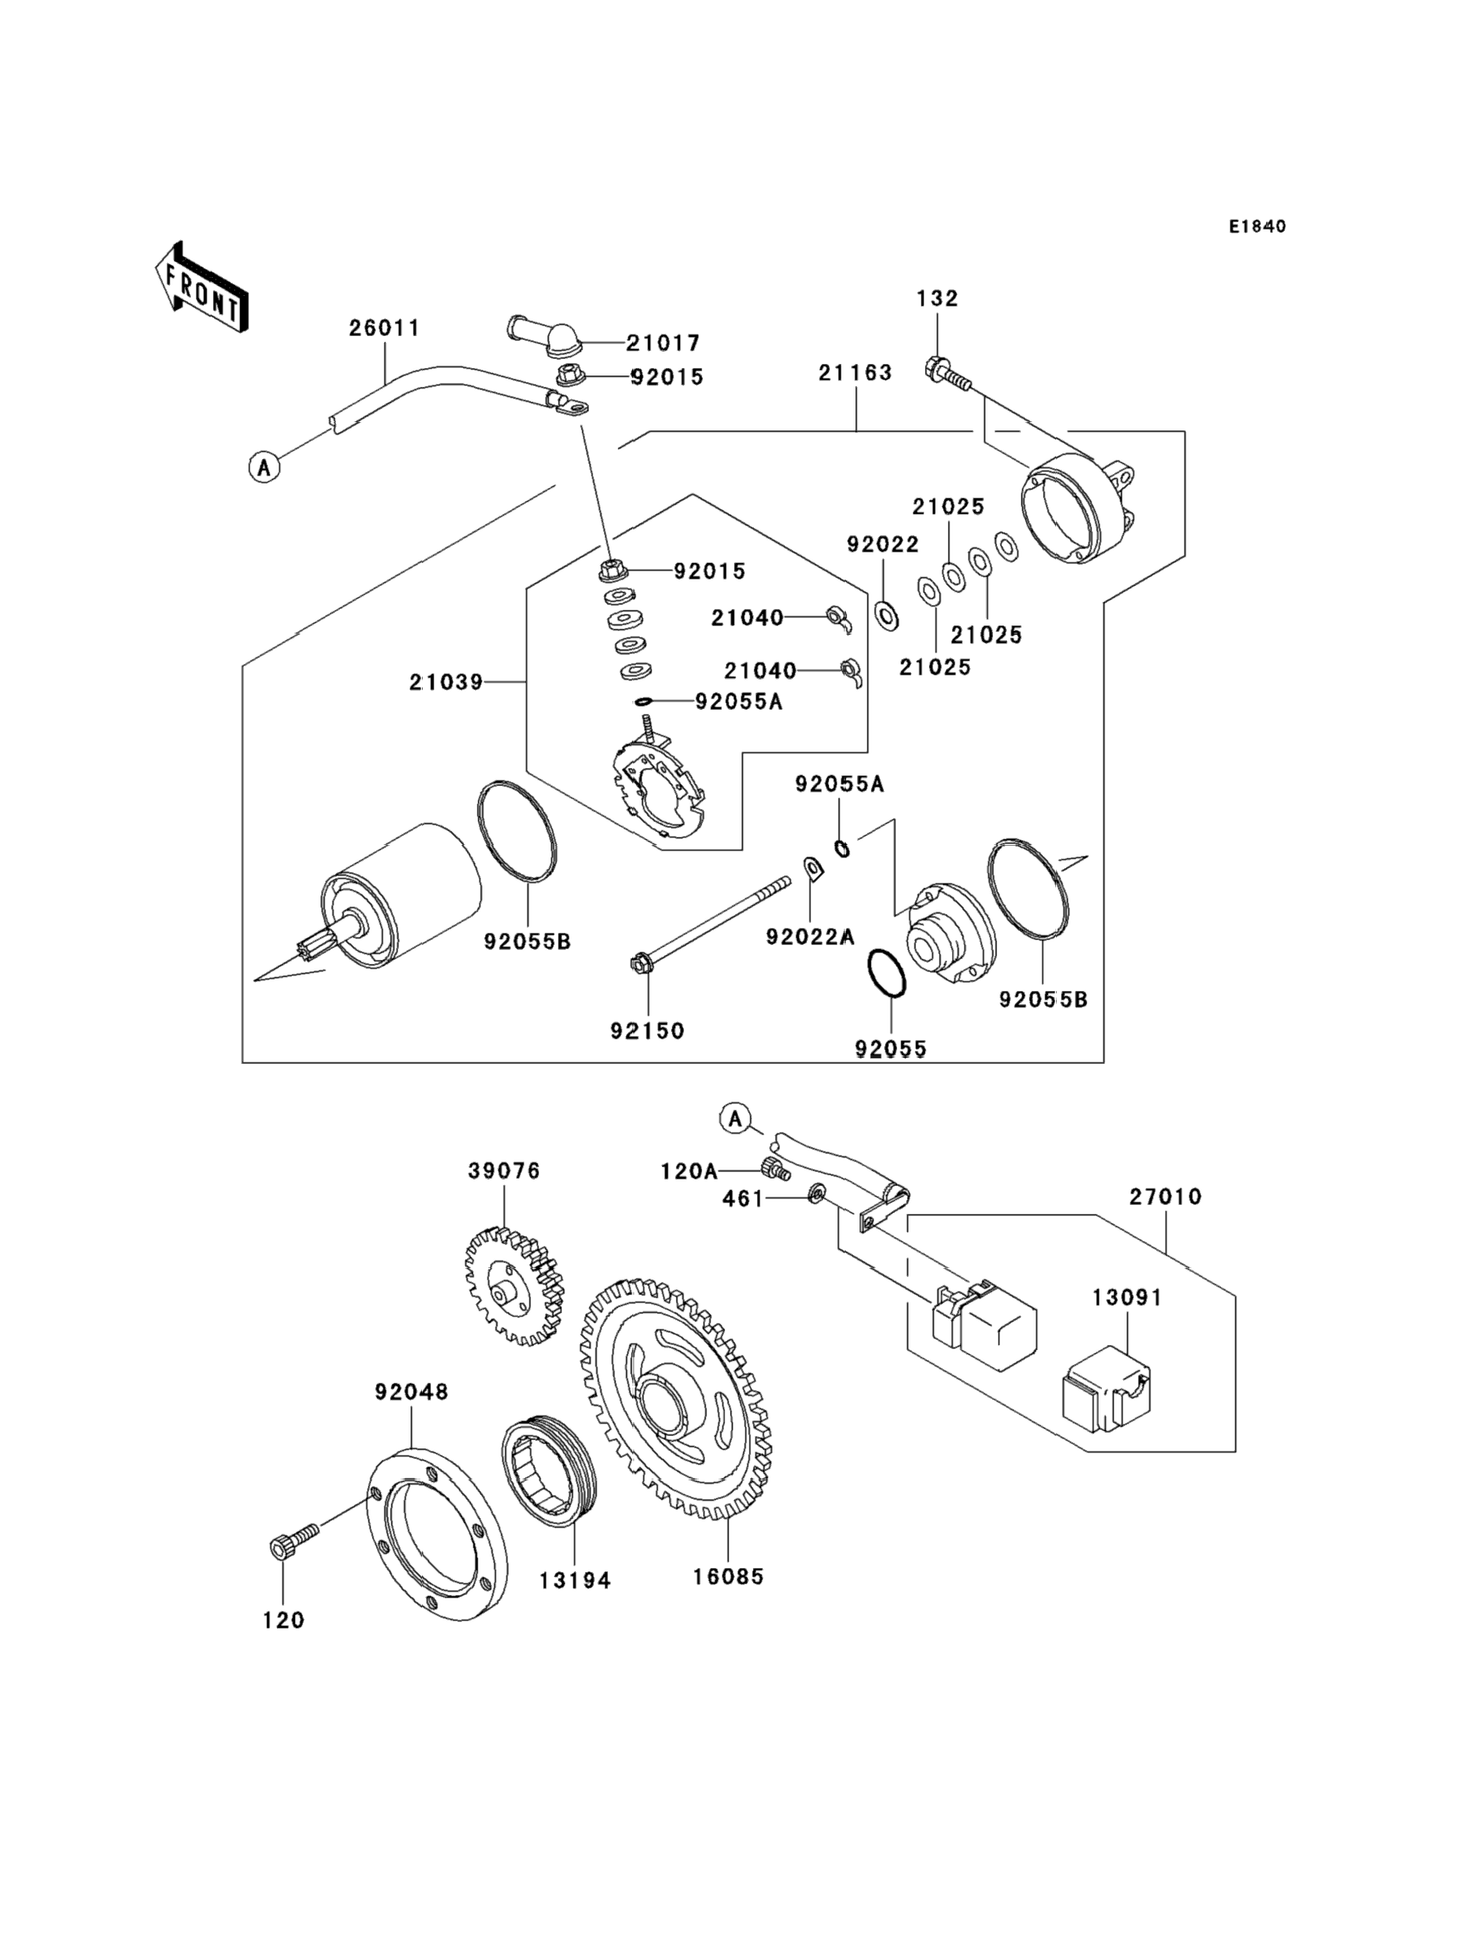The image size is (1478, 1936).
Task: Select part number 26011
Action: coord(384,328)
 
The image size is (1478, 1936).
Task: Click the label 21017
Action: coord(663,343)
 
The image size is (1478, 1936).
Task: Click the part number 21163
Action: coord(855,373)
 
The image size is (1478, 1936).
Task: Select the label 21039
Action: coord(446,682)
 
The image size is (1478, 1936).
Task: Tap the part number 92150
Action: coord(647,1030)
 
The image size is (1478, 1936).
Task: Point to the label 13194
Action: coord(574,1580)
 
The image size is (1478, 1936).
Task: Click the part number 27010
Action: coord(1166,1197)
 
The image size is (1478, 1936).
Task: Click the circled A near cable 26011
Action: coord(264,466)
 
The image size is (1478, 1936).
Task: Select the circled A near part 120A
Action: coord(736,1120)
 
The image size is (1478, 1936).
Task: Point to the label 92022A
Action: coord(810,937)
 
